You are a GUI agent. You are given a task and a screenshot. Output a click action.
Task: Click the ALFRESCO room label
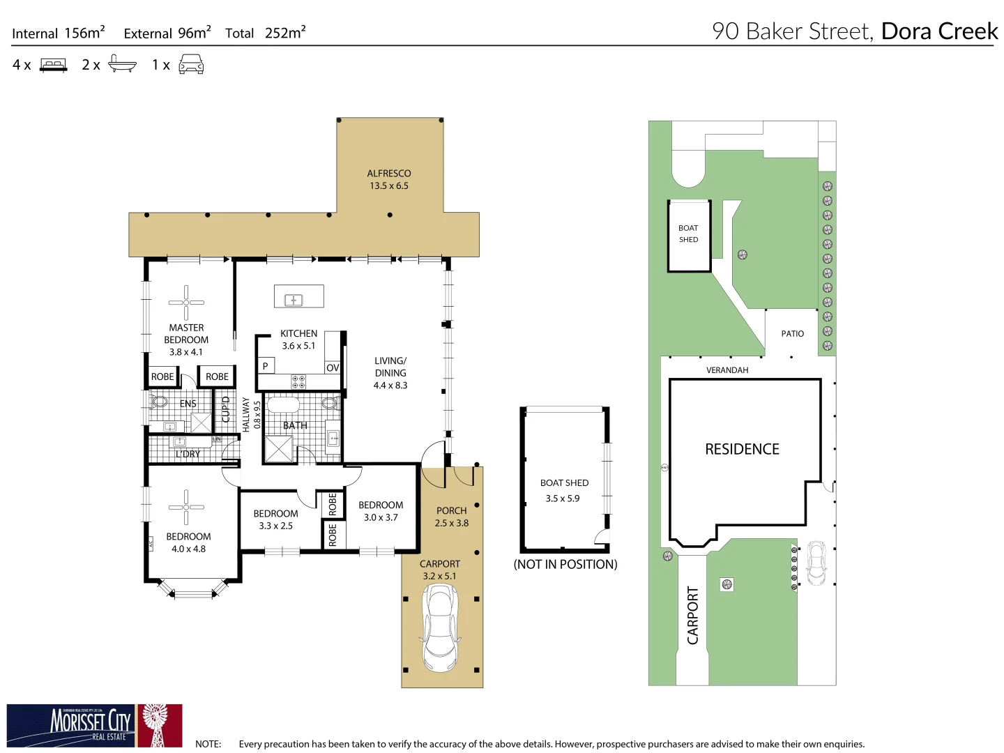click(389, 173)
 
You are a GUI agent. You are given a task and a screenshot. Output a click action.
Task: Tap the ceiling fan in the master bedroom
click(186, 303)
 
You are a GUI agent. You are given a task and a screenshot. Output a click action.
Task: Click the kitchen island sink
click(294, 300)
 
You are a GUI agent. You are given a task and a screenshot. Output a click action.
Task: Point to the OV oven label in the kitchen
click(333, 367)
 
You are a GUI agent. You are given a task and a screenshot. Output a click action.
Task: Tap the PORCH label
click(451, 510)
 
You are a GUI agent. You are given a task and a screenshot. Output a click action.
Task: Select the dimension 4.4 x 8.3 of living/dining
click(390, 385)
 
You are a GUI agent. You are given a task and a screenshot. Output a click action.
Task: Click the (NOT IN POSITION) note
click(565, 564)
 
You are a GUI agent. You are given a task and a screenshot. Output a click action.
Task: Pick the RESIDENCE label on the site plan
click(742, 449)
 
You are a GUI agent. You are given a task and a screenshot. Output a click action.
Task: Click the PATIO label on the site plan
click(792, 333)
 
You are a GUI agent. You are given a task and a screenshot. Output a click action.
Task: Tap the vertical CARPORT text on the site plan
click(692, 615)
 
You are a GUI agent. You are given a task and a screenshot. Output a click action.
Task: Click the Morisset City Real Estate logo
click(94, 725)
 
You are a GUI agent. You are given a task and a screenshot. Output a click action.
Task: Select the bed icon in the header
click(53, 65)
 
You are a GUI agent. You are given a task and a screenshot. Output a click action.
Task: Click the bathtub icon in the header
click(123, 65)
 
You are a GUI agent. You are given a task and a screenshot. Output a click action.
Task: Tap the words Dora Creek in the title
click(939, 31)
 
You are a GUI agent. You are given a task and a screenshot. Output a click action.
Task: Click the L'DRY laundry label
click(188, 454)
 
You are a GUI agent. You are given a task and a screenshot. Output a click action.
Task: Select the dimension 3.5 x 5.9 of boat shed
click(563, 498)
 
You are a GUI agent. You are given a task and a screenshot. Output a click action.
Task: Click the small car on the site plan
click(816, 563)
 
